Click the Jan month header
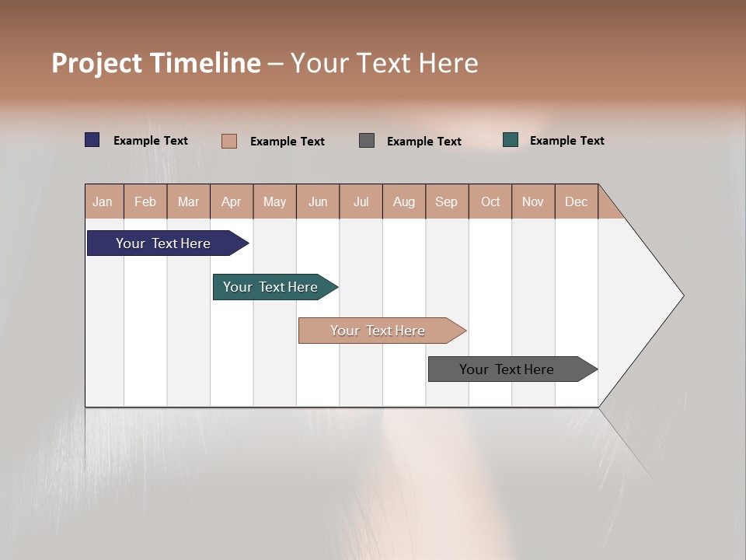point(103,201)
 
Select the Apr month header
point(232,201)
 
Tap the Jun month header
point(318,201)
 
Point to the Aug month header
point(404,201)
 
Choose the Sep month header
point(447,201)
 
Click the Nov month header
point(533,201)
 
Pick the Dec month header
point(577,201)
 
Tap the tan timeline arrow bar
point(379,331)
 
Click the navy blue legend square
point(92,140)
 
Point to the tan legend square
point(229,141)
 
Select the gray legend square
point(367,141)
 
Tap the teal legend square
point(511,140)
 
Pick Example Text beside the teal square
point(566,141)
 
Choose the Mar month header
point(189,201)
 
